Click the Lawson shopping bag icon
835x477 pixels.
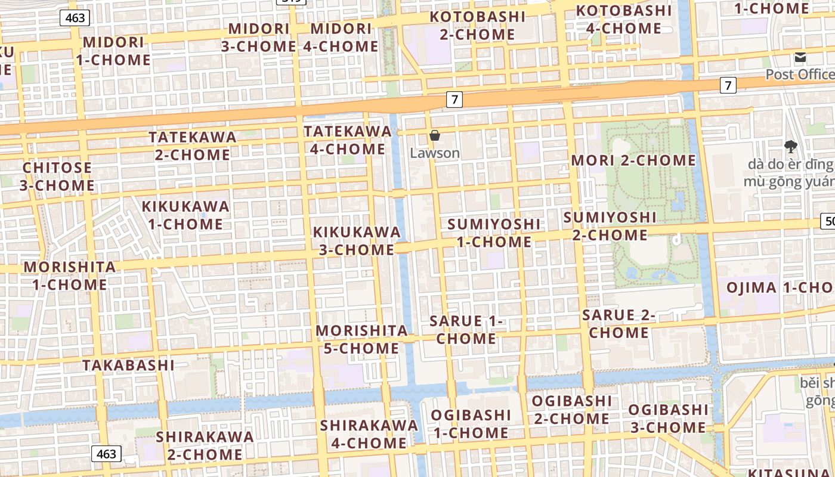[x=435, y=135]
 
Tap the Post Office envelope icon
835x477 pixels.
[x=800, y=57]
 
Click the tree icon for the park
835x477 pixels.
[x=791, y=145]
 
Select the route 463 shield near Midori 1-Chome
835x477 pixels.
[x=75, y=18]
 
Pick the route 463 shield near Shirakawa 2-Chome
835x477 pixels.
[x=106, y=454]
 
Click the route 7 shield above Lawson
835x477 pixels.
[x=454, y=99]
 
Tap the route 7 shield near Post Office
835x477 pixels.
[x=728, y=85]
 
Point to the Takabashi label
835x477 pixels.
[x=128, y=365]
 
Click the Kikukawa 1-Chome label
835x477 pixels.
[x=185, y=215]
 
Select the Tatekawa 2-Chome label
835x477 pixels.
[x=193, y=145]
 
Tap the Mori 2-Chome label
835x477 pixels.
[x=633, y=160]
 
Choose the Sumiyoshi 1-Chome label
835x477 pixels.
[x=494, y=233]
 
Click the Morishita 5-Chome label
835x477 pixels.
[x=361, y=339]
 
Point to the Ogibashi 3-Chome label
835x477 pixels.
[x=668, y=419]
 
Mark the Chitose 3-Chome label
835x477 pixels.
[x=57, y=176]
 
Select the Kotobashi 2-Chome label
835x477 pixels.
[x=478, y=26]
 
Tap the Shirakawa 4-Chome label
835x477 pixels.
[x=369, y=434]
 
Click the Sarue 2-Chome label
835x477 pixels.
[x=618, y=324]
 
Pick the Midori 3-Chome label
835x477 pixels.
[x=259, y=37]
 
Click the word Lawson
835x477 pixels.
[x=435, y=153]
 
